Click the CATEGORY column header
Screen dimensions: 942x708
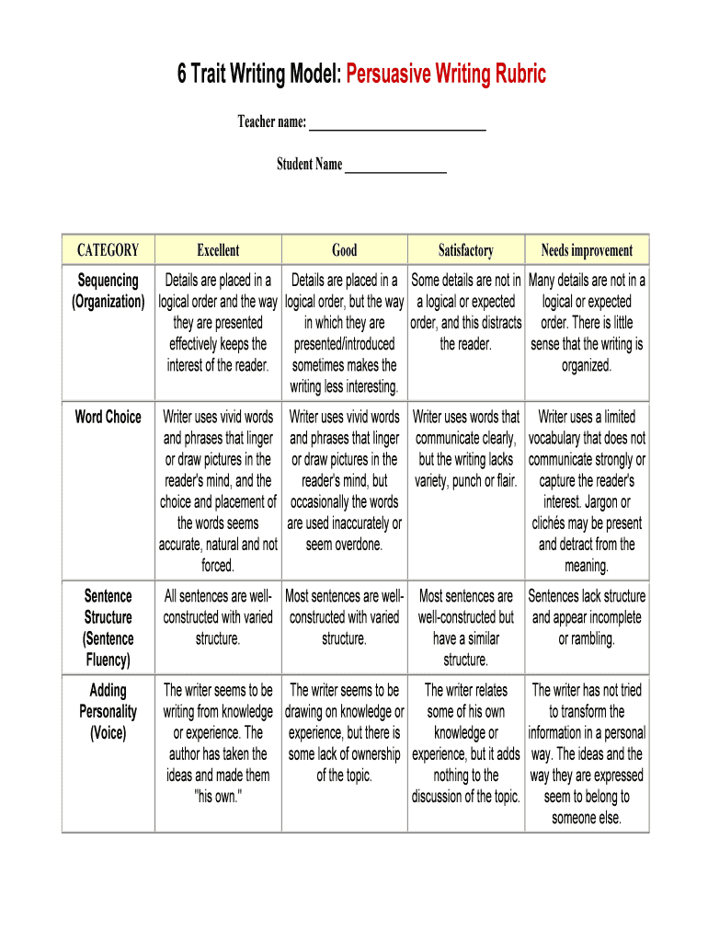tap(108, 250)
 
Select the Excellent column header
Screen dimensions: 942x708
tap(218, 250)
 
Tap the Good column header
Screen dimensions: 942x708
tap(344, 250)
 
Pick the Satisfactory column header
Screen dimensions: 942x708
tap(465, 250)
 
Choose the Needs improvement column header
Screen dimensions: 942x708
tap(587, 250)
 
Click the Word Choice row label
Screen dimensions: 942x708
tap(108, 417)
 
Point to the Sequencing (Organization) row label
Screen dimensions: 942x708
tap(108, 291)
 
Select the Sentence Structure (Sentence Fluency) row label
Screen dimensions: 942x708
tap(108, 627)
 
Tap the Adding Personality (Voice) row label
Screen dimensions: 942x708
tap(108, 711)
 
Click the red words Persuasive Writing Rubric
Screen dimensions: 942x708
tap(446, 75)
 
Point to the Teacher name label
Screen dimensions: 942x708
tap(271, 122)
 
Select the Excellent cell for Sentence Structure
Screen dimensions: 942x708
tap(218, 617)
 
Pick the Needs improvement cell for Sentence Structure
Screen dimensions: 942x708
tap(587, 617)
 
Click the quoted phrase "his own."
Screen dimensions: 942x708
tap(218, 797)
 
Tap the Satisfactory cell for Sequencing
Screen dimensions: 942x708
tap(465, 312)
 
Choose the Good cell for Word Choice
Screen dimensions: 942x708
tap(344, 480)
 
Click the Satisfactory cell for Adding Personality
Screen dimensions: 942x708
tap(465, 743)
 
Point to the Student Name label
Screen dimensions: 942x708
tap(309, 165)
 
